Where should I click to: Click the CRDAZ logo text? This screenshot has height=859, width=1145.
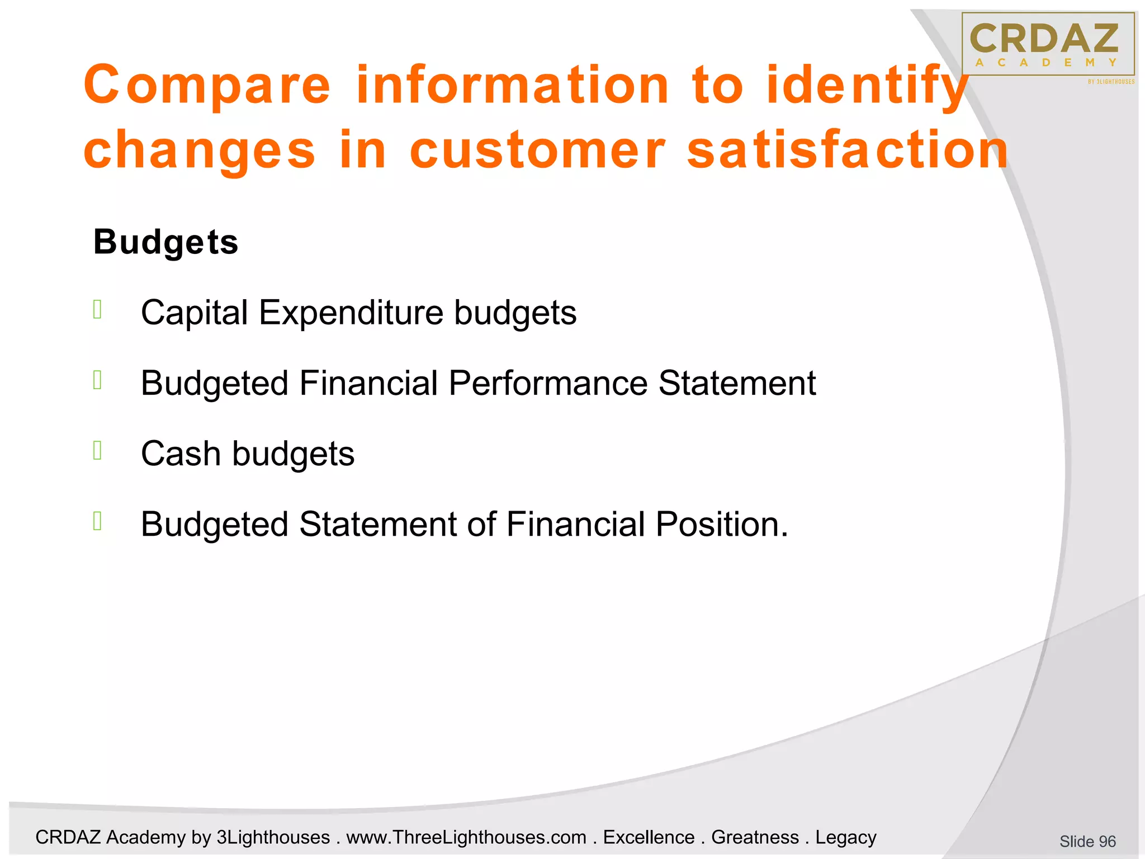(1044, 39)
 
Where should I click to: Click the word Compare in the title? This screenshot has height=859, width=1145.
(207, 85)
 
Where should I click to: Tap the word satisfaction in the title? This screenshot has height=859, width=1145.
(848, 150)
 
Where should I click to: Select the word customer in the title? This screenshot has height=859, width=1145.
(537, 150)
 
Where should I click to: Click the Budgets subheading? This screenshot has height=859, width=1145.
(165, 242)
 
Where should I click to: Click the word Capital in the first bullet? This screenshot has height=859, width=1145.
(194, 313)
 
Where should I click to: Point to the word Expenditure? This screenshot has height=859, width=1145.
(351, 313)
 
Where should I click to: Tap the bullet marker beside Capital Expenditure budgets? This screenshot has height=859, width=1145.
(97, 309)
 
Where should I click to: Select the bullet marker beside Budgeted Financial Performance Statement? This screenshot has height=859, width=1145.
(97, 380)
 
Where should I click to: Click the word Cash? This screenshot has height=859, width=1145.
(181, 454)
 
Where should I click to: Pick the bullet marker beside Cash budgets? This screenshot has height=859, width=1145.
(97, 450)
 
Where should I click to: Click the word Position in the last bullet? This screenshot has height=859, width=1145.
(721, 525)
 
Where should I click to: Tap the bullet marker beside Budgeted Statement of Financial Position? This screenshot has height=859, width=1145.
(97, 521)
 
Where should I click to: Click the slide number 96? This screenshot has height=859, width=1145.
(1087, 841)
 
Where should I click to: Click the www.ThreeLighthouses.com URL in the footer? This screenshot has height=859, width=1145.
(466, 837)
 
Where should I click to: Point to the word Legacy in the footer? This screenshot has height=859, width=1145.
(845, 837)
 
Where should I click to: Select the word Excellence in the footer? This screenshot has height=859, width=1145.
(649, 837)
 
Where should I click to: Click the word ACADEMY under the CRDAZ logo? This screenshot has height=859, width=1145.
(1046, 63)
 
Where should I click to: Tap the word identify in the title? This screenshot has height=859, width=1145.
(867, 85)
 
